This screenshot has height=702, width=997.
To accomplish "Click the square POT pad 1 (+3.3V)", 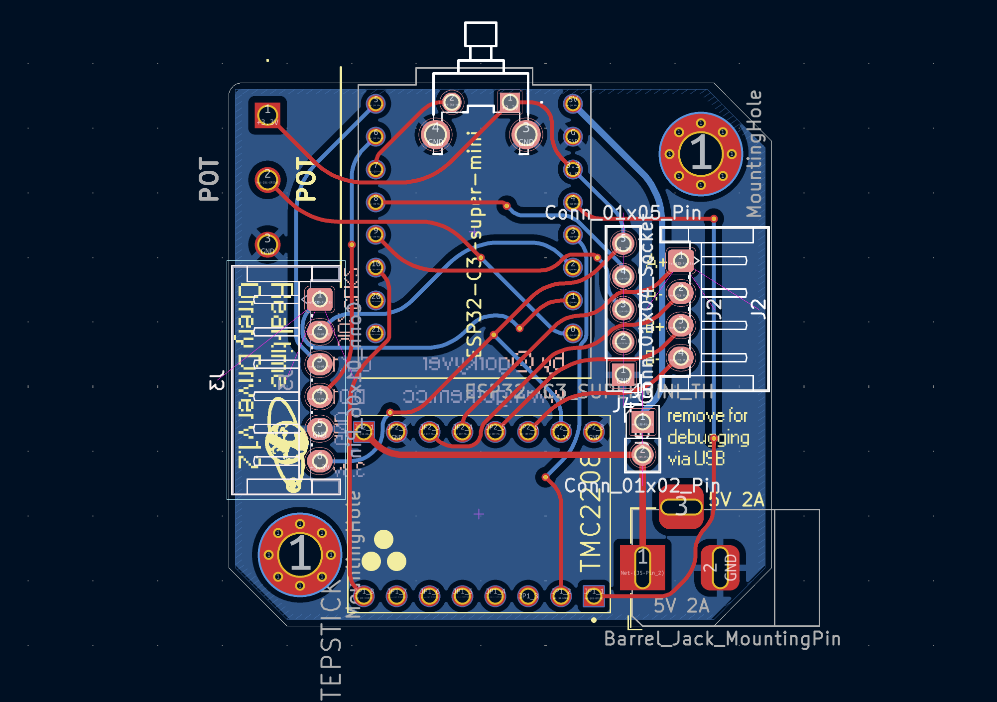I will coord(267,115).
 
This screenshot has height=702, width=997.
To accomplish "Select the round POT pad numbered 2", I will coord(267,179).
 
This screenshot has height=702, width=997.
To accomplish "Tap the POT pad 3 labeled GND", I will coord(267,244).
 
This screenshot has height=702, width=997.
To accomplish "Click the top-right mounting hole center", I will coord(701,154).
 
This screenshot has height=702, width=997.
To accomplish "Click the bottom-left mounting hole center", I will coord(300,554).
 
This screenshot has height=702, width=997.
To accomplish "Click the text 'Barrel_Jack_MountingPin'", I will coord(722,639).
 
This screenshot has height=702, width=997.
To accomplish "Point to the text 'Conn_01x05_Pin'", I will coord(623,213).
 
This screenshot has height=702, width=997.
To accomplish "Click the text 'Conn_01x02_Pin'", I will coord(642,485).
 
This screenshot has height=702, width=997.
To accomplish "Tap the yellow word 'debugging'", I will coord(708,438).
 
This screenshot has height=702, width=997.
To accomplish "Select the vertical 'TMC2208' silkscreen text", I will coord(591,515).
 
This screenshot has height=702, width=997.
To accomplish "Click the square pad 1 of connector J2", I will coord(680,260).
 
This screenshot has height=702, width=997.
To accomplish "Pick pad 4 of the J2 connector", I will coord(680,357).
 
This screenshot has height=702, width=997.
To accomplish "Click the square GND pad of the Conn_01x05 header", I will coord(623,374).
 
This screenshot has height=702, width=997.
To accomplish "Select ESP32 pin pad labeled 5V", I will coord(573,103).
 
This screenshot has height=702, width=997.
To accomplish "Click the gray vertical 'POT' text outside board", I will coord(209,179).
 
